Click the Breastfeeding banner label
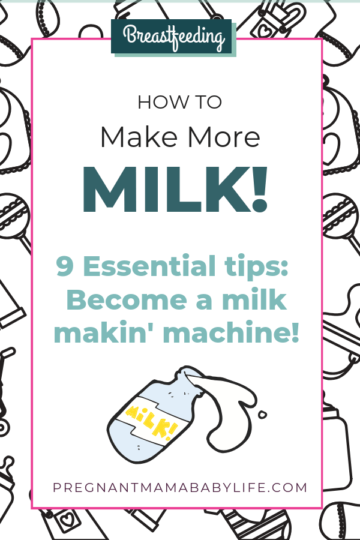[174, 37]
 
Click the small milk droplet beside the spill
[262, 414]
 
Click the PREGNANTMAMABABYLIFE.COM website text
[180, 487]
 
